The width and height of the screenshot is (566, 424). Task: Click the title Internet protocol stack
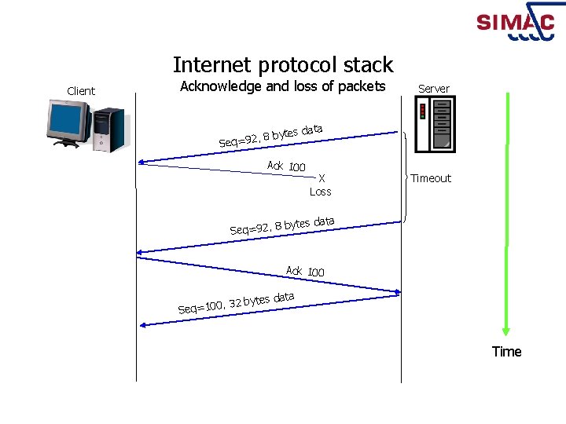(283, 64)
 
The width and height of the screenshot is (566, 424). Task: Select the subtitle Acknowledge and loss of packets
(283, 86)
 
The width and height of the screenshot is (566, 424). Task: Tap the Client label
(81, 91)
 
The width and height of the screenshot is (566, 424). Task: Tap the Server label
(434, 89)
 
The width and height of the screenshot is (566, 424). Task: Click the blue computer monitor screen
(67, 120)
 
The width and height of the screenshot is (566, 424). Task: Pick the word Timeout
(431, 178)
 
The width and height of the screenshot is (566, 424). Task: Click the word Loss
(321, 192)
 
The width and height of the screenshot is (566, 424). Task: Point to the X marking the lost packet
(322, 178)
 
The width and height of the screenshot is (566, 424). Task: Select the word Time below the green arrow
(506, 352)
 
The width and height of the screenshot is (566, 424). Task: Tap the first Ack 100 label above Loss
(286, 166)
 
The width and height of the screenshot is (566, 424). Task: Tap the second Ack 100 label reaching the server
(305, 271)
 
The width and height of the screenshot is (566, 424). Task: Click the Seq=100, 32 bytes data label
(236, 302)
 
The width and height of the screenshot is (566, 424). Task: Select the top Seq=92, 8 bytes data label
(271, 134)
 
